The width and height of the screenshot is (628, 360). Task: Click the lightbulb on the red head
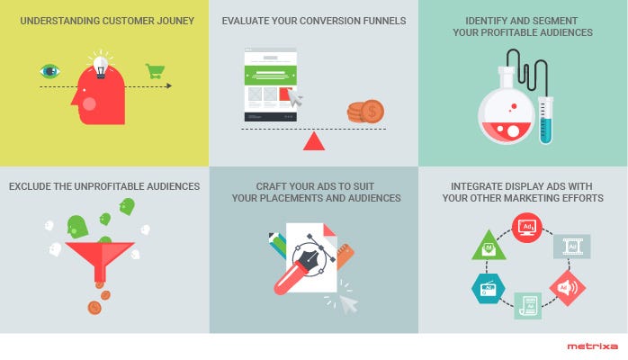click(x=101, y=67)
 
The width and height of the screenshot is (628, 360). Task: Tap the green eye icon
click(x=50, y=71)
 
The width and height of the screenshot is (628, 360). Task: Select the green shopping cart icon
click(x=155, y=71)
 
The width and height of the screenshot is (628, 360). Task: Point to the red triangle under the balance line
click(x=314, y=141)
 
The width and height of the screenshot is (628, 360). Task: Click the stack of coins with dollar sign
click(x=365, y=112)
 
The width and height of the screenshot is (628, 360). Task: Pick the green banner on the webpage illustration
click(x=270, y=76)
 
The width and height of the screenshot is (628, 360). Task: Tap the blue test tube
click(x=545, y=120)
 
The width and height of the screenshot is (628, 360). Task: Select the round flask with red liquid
click(x=507, y=113)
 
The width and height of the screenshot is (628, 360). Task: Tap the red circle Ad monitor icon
click(x=527, y=228)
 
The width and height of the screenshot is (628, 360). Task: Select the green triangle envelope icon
click(x=489, y=247)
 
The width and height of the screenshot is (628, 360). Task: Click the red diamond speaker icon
click(x=567, y=287)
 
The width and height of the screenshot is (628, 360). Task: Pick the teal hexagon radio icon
click(x=489, y=288)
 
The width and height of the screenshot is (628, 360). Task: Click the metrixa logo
click(x=592, y=346)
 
